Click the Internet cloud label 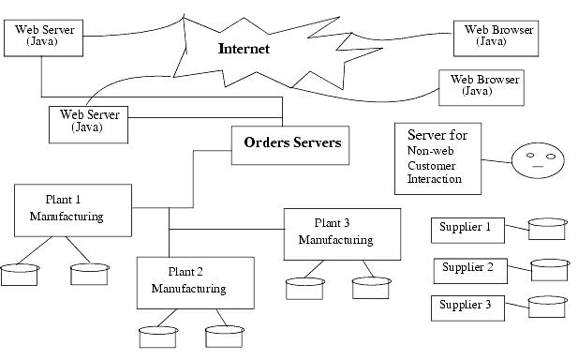(245, 48)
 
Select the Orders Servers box (292, 143)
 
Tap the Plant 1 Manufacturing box (72, 210)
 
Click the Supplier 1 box (466, 228)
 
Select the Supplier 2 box (466, 268)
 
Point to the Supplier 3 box (466, 306)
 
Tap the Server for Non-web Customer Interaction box (438, 157)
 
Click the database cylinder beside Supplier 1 (547, 229)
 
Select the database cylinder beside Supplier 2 (550, 270)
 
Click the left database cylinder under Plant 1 (20, 274)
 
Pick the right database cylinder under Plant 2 (224, 336)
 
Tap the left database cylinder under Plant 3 (304, 287)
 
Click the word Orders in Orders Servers (266, 143)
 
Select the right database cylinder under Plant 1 (90, 274)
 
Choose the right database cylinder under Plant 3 (370, 287)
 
